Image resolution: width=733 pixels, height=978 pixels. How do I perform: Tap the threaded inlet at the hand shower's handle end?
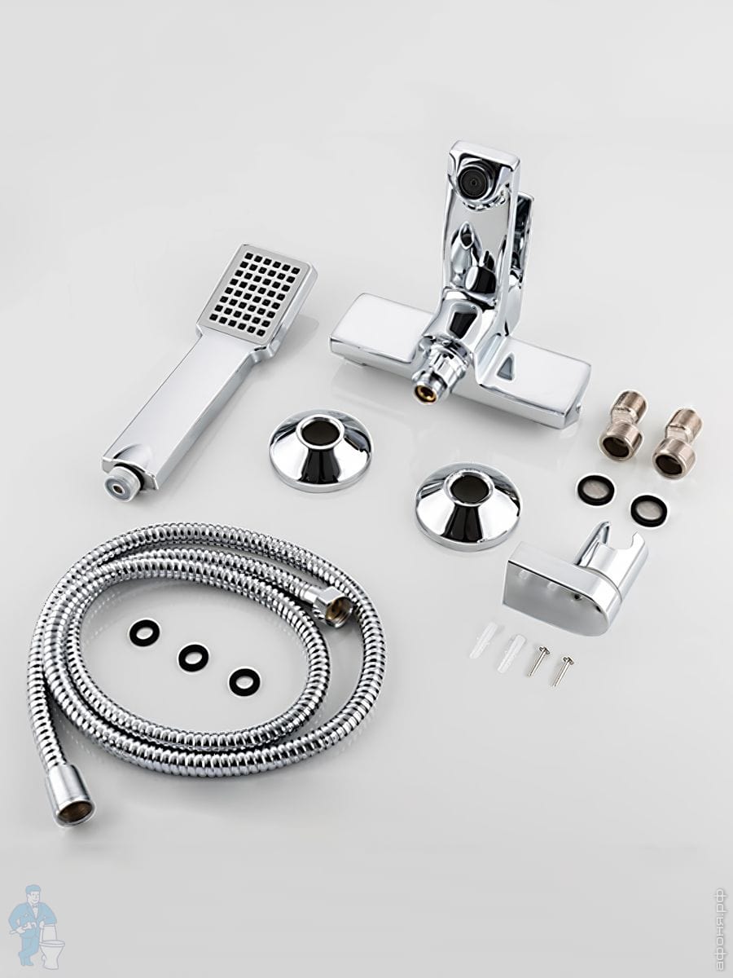click(119, 489)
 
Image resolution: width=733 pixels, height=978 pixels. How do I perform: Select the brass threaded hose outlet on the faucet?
click(424, 391)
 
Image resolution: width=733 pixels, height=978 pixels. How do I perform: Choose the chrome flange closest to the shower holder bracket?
click(467, 507)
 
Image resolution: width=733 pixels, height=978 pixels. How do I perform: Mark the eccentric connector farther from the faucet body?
click(676, 443)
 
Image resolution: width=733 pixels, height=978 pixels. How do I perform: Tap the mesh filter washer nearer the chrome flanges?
click(597, 489)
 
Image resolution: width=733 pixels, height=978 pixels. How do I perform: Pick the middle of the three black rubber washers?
click(194, 657)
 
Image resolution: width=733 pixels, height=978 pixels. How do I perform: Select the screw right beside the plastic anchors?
click(538, 662)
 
